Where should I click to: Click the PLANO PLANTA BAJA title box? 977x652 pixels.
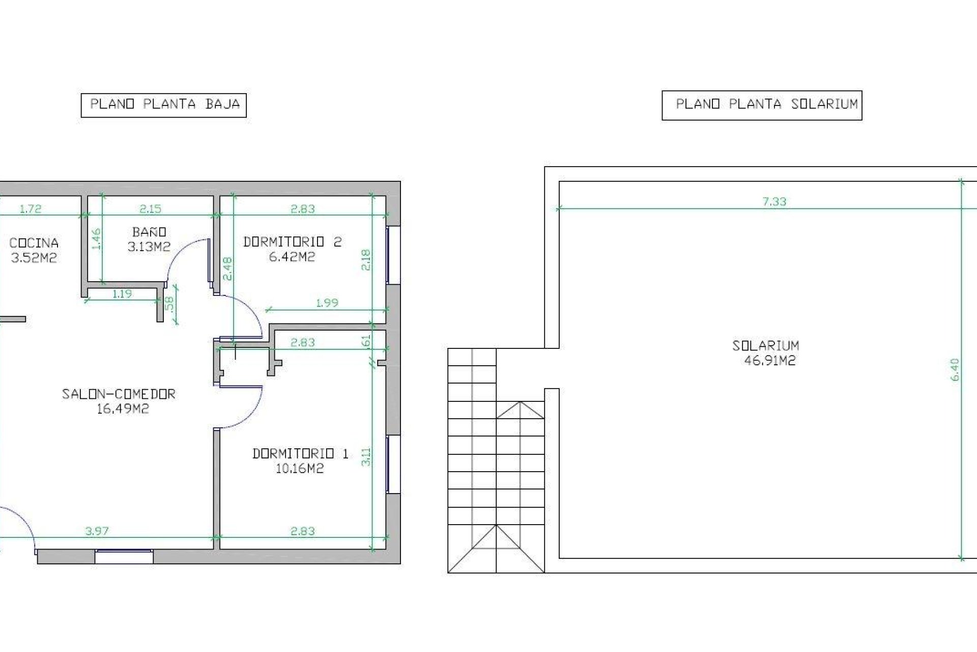point(164,104)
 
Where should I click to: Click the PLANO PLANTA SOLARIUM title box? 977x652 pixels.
point(762,105)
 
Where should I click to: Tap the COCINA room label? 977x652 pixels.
point(34,243)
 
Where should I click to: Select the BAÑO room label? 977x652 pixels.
point(149,232)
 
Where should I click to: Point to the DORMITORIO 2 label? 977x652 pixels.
point(292,242)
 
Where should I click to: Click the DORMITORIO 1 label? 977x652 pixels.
point(300,453)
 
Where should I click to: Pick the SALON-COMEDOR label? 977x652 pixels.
point(119,394)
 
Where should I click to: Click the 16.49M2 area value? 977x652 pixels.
point(123,409)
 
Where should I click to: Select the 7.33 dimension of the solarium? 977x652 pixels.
point(774,202)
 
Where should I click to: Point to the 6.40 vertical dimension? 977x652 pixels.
point(955,370)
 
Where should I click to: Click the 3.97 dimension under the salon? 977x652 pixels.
point(97,531)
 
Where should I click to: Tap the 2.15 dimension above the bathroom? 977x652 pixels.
point(150,208)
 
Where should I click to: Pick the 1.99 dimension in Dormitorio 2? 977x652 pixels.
point(327,303)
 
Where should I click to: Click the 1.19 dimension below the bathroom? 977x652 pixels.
point(122,293)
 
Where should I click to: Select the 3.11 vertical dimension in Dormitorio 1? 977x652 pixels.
point(366,456)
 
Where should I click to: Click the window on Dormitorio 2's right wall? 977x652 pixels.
point(393,255)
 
